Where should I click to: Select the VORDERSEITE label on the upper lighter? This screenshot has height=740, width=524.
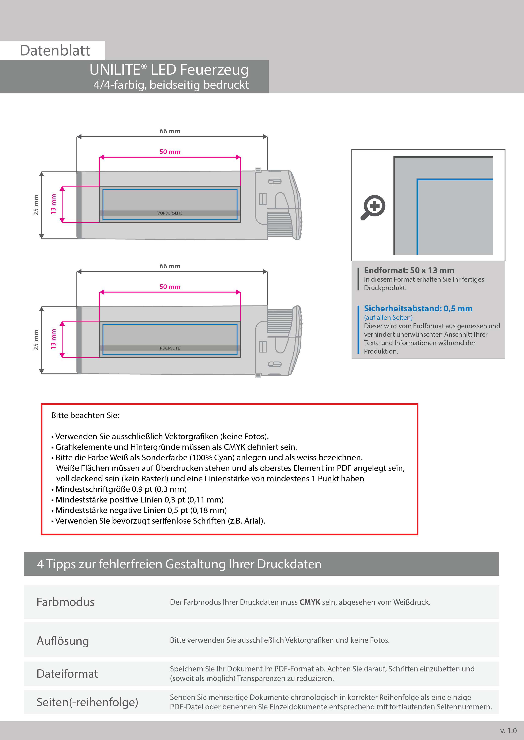(x=170, y=213)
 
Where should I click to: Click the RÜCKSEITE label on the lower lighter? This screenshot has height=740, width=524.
(x=170, y=348)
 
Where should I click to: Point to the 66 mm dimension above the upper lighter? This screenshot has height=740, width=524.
(x=170, y=131)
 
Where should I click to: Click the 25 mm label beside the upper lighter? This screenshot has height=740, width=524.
(x=36, y=205)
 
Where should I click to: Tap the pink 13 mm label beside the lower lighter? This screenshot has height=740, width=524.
(x=53, y=339)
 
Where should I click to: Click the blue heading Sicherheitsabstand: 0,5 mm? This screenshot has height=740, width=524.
(x=418, y=308)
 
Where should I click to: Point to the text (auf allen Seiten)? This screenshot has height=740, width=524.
(x=388, y=317)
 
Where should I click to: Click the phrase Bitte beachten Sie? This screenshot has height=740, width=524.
(x=85, y=415)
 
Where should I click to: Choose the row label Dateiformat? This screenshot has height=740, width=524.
(x=67, y=674)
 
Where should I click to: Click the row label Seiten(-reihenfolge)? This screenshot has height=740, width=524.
(x=87, y=702)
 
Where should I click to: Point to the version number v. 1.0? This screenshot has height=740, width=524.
(x=508, y=731)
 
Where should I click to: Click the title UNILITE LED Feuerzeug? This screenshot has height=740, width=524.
(x=169, y=70)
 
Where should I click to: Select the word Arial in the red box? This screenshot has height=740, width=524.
(x=253, y=521)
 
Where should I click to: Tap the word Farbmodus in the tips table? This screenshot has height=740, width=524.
(x=65, y=602)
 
